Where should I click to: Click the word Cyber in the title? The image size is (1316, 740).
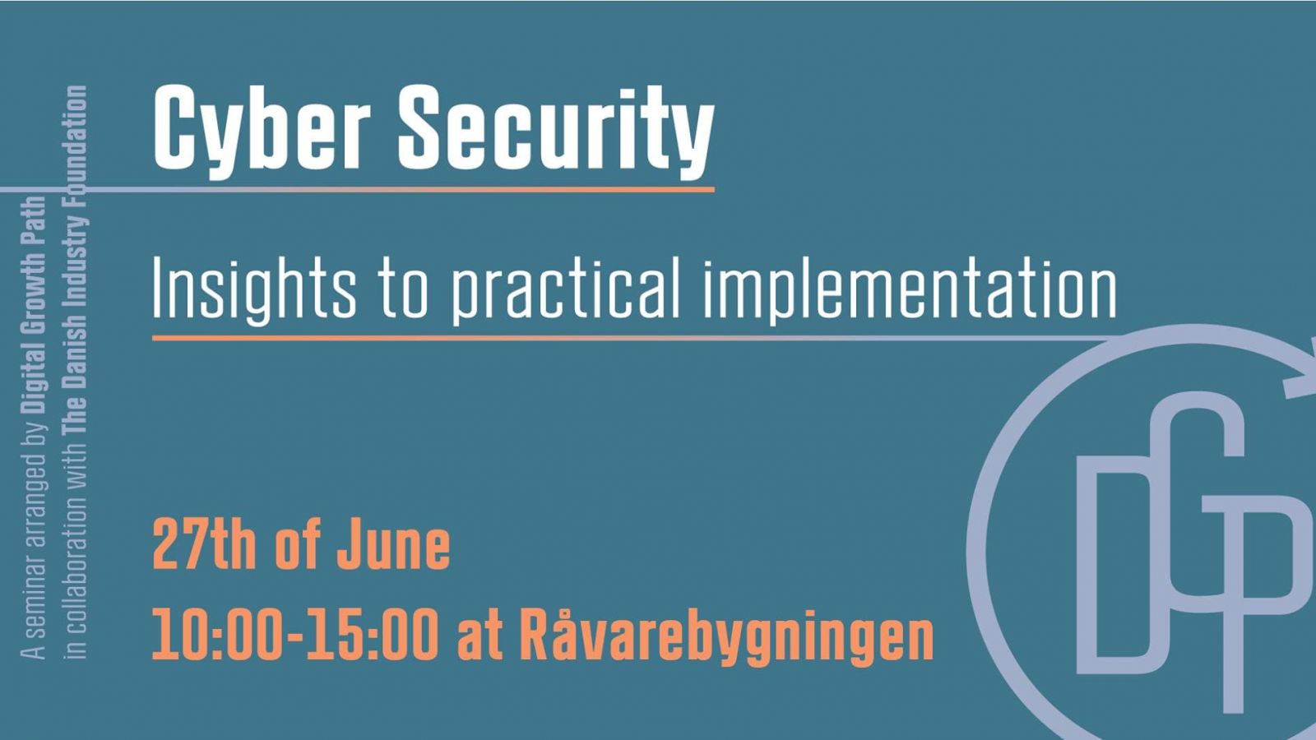(262, 131)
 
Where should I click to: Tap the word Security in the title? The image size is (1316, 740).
(556, 131)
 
